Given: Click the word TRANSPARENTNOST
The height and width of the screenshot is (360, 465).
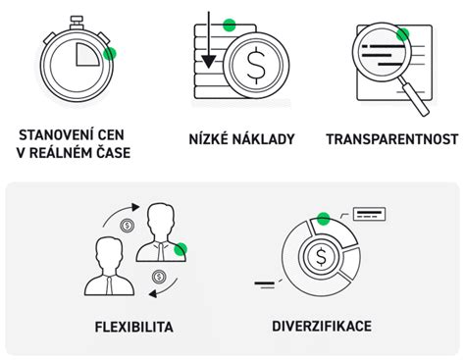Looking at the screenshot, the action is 392,139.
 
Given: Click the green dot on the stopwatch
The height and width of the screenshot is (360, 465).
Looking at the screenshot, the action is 110,55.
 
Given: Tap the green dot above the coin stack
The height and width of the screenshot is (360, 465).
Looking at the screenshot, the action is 229,26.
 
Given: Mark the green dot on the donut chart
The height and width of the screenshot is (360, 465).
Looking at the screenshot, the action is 322,218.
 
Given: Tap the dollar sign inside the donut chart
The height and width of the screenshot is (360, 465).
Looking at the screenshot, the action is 322,258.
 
